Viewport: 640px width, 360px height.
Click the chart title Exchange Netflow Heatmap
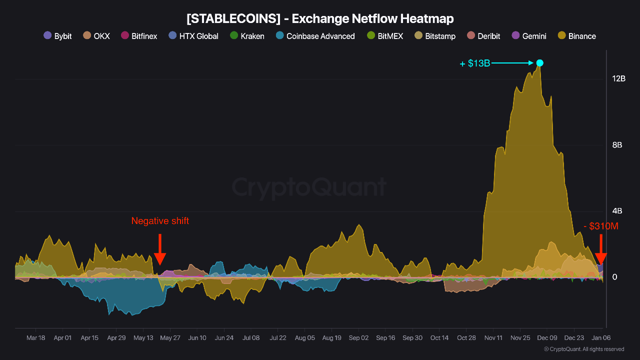point(320,19)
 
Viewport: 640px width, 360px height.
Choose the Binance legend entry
point(576,36)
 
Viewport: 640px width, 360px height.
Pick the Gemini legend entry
point(529,36)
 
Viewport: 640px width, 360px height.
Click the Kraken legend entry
point(247,36)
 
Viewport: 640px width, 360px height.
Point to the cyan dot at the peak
point(539,63)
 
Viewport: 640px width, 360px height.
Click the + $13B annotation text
point(475,63)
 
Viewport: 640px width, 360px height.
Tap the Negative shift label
point(160,221)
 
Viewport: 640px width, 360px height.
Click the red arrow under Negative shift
point(160,249)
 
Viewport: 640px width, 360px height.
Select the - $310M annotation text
point(600,226)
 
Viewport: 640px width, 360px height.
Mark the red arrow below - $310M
point(601,250)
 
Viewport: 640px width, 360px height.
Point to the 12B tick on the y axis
point(618,79)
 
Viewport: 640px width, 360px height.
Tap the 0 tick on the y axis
point(615,277)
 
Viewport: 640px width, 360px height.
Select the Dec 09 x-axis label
point(547,338)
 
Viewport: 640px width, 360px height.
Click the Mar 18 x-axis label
point(35,338)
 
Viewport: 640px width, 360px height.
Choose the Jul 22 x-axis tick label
point(278,338)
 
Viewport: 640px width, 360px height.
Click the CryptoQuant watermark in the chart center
point(309,187)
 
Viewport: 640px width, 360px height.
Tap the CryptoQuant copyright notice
point(583,349)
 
